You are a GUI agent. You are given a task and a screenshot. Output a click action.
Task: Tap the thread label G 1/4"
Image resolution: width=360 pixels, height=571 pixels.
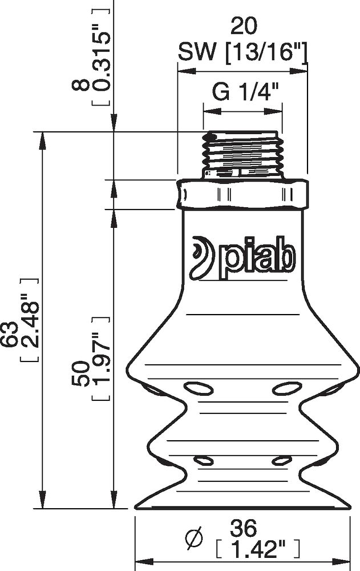tap(242, 91)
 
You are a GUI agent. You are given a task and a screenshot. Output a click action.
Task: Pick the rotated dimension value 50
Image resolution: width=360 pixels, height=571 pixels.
tap(80, 373)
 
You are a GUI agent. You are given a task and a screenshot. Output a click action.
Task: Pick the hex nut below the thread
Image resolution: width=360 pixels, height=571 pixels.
tap(242, 194)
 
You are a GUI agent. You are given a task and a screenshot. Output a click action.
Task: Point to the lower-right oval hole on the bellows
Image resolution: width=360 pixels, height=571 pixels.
tap(281, 460)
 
